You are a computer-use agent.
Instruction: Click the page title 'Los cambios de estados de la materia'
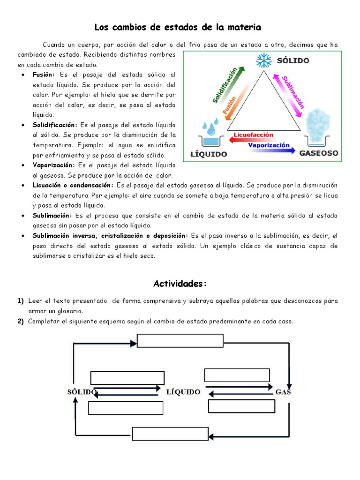[178, 27]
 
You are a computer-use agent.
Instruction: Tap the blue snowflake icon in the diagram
[263, 60]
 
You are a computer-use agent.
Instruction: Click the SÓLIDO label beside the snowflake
[293, 60]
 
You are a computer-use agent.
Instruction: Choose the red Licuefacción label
[253, 135]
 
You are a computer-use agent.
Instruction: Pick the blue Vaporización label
[269, 145]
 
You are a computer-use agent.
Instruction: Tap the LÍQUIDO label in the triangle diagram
[209, 154]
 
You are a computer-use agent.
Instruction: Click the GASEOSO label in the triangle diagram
[319, 153]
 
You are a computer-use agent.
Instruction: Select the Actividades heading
[180, 284]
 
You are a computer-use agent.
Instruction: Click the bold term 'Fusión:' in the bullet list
[44, 75]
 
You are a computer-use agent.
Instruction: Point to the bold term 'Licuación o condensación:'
[73, 186]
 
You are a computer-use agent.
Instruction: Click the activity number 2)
[21, 322]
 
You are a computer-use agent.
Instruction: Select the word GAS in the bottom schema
[283, 392]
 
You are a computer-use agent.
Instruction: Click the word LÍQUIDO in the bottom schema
[183, 392]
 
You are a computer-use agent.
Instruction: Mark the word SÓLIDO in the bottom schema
[81, 392]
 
